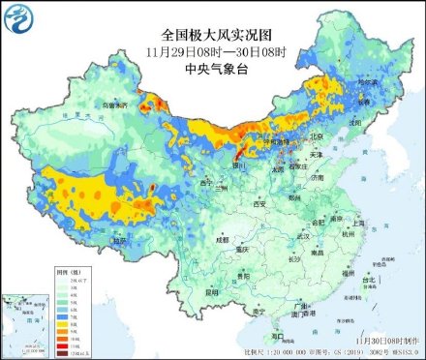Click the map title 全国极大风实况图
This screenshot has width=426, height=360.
(212, 32)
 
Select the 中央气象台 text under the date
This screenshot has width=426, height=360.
(212, 68)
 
